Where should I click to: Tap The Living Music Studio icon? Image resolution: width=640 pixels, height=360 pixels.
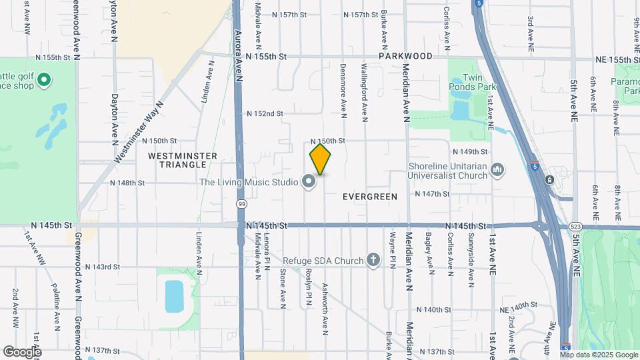pyautogui.click(x=308, y=181)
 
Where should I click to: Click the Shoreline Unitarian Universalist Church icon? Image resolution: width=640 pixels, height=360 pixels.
pyautogui.click(x=497, y=171)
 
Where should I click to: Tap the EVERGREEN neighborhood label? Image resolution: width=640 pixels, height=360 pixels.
pyautogui.click(x=370, y=197)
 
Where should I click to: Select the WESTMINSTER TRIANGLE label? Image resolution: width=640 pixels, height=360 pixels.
pyautogui.click(x=182, y=160)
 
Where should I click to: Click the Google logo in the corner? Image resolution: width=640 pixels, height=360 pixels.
pyautogui.click(x=21, y=351)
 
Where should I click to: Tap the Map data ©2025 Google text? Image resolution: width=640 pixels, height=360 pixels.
pyautogui.click(x=599, y=355)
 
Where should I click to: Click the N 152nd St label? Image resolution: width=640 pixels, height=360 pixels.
pyautogui.click(x=265, y=114)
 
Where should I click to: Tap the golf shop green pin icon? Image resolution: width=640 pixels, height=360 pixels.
pyautogui.click(x=45, y=81)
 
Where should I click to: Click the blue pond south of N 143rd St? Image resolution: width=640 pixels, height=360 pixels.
pyautogui.click(x=174, y=295)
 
